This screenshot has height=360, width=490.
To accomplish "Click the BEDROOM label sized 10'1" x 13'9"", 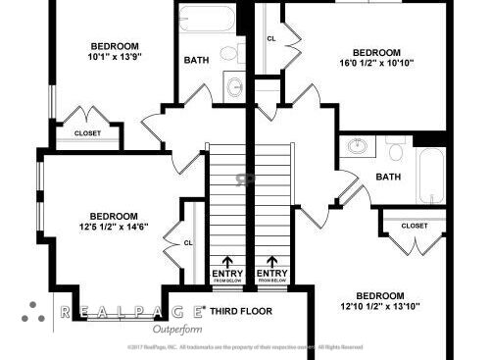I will coord(115,46).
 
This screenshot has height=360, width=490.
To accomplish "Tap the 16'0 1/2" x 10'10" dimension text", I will coord(377,64).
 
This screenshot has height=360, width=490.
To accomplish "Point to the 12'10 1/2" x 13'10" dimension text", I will coord(379,307).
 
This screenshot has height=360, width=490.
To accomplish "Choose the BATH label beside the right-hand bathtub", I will coord(388,178).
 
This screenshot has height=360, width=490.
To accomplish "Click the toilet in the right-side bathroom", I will coord(396,150).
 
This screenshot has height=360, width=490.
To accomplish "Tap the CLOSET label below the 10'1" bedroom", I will coord(86,133).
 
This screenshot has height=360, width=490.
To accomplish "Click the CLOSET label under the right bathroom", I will coord(415,226).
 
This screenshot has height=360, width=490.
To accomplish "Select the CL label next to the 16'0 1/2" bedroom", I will coord(270,39).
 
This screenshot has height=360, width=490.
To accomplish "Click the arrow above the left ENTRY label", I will coord(227,262).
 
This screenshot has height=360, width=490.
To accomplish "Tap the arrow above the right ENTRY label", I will coord(271,262).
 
